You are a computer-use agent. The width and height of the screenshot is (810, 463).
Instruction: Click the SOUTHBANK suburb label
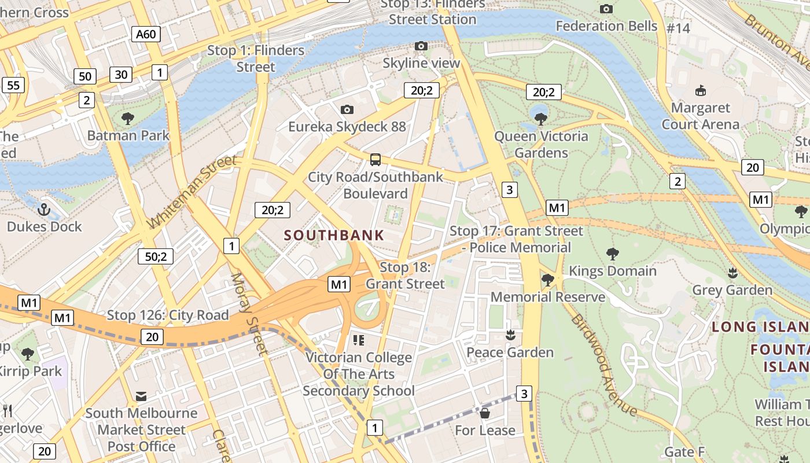click(334, 235)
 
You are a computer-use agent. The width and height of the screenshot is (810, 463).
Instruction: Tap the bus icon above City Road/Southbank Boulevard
click(375, 159)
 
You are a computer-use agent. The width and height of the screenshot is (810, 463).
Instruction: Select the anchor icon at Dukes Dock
click(44, 209)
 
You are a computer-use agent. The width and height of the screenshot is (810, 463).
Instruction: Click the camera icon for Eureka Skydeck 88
click(347, 109)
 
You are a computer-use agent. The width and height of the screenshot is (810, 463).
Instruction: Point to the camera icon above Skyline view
click(421, 46)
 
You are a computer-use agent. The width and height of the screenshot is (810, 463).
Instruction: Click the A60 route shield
click(146, 34)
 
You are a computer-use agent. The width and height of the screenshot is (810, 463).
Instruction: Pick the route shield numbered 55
click(13, 85)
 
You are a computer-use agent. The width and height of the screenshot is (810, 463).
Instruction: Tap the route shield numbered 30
click(121, 74)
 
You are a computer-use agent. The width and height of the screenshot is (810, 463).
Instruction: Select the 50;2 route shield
click(156, 256)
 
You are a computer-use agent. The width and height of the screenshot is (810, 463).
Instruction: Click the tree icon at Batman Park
click(128, 119)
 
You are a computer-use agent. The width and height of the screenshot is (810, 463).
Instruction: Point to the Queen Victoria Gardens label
click(541, 145)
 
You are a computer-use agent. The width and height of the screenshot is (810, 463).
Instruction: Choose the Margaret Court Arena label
click(700, 116)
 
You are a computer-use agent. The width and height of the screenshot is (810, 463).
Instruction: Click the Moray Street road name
click(249, 313)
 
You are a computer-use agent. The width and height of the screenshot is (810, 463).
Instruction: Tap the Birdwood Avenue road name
click(603, 365)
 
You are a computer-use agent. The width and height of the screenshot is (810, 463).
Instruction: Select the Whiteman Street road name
click(192, 191)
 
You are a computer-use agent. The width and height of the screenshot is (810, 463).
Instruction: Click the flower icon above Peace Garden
click(510, 335)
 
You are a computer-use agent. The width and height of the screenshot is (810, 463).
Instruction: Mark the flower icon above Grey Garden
click(732, 272)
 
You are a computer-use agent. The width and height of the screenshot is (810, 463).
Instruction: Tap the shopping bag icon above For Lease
click(485, 413)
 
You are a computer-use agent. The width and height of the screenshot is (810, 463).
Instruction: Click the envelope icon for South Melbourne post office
click(141, 396)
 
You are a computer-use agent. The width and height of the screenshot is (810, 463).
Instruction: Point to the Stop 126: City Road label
click(168, 315)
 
